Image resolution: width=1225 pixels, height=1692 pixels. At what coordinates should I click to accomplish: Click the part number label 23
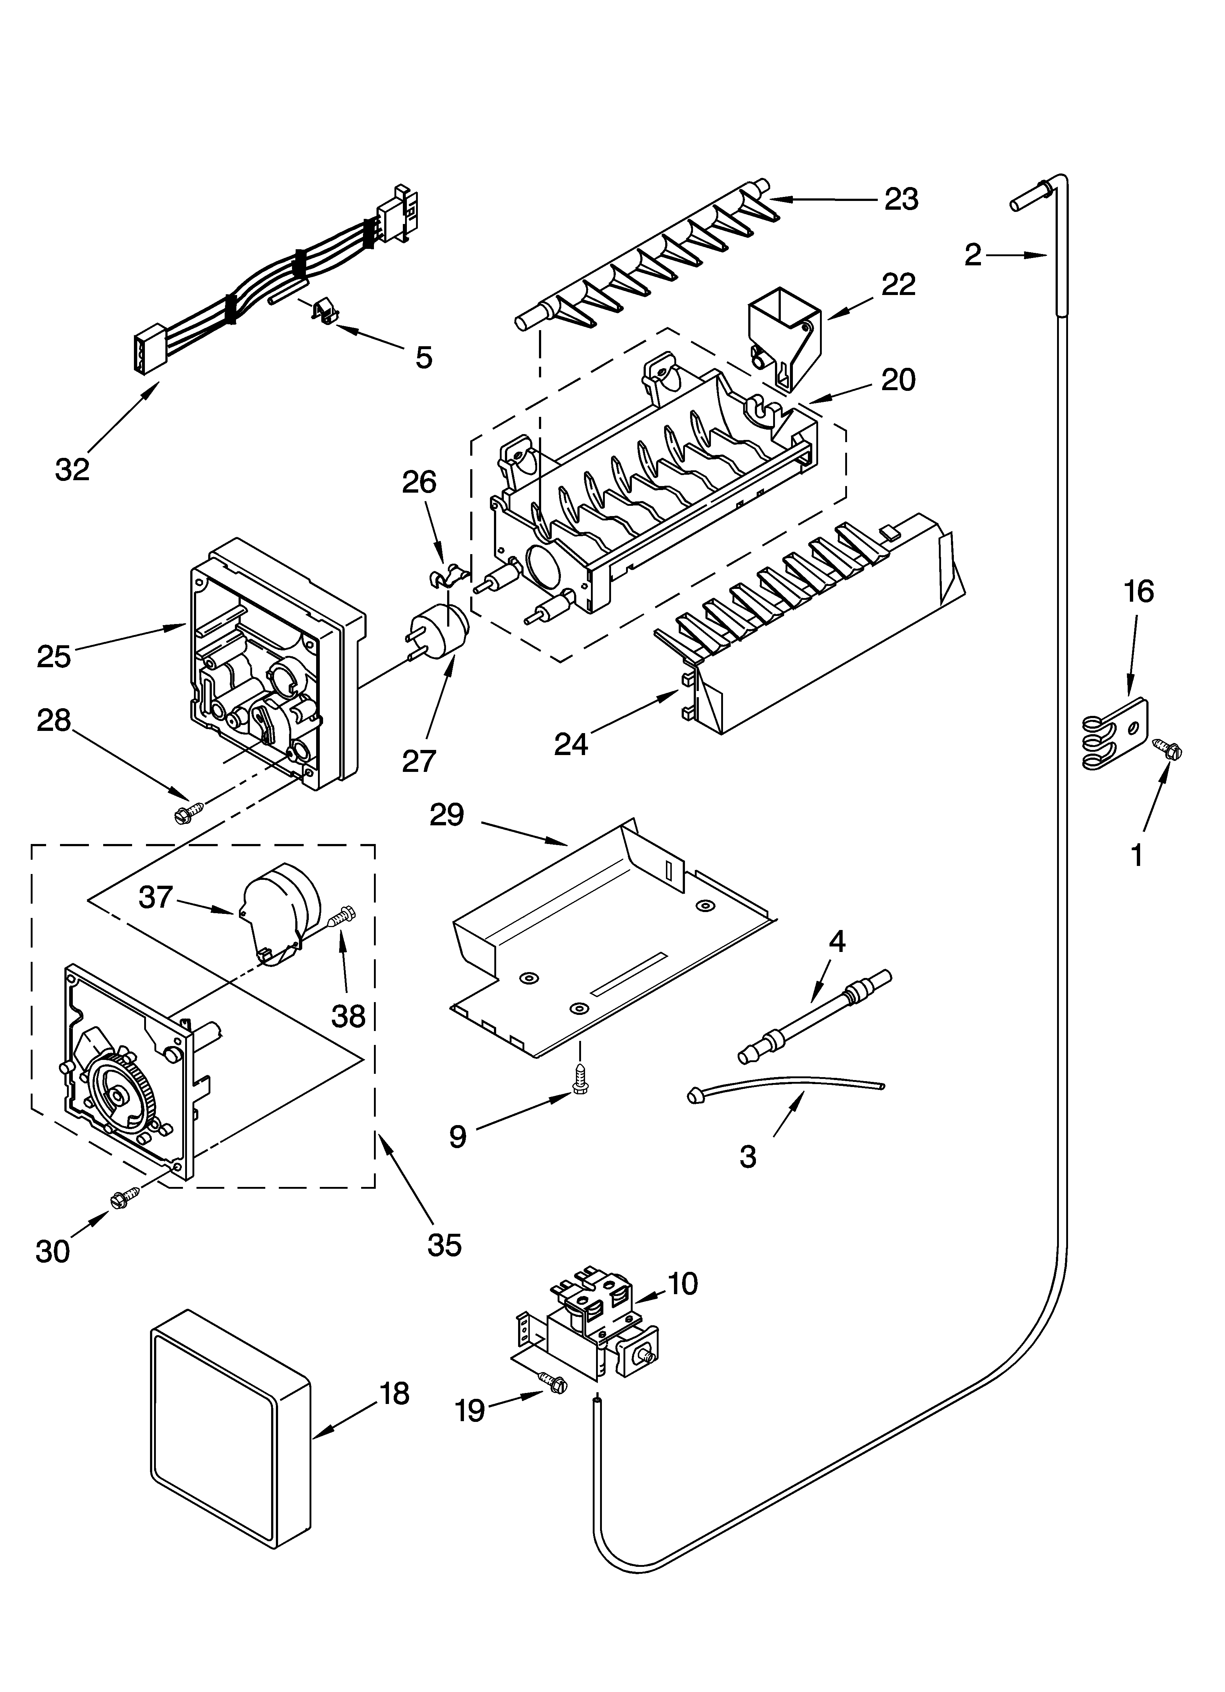click(x=901, y=200)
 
